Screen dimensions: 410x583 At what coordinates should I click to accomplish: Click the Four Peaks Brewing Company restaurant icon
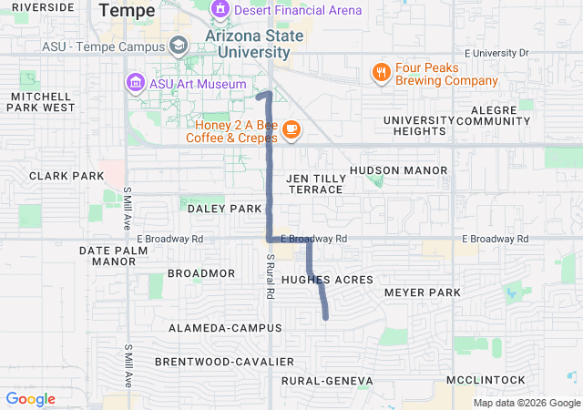coord(381,72)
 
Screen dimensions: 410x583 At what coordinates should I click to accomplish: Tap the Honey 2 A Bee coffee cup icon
coord(291,129)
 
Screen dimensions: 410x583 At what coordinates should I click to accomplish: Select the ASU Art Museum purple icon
coord(135,84)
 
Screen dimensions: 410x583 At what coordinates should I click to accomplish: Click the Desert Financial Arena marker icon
coord(220,10)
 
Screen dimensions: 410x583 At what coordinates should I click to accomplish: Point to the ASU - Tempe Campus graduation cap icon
coord(179,45)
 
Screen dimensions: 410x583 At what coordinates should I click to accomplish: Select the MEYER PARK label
coord(423,292)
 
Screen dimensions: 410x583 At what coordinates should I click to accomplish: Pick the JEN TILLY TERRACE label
coord(315,183)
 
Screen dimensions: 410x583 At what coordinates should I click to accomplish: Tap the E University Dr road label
coord(496,53)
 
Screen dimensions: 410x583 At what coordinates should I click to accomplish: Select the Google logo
coord(30,399)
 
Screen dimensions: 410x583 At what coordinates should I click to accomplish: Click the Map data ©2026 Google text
coord(526,403)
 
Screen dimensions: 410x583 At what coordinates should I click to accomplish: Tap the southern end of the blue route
coord(326,317)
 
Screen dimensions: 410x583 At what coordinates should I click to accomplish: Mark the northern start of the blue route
coord(259,95)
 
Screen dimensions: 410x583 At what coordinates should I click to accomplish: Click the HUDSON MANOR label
coord(398,170)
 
